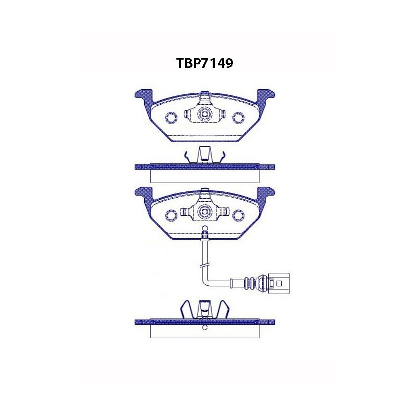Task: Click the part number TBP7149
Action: tap(204, 63)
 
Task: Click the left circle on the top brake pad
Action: tap(171, 117)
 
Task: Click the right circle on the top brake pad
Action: tap(239, 117)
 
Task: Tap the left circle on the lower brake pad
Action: tap(171, 215)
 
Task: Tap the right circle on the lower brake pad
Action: tap(239, 215)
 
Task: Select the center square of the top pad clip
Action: tap(204, 114)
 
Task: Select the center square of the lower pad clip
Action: tap(204, 212)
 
